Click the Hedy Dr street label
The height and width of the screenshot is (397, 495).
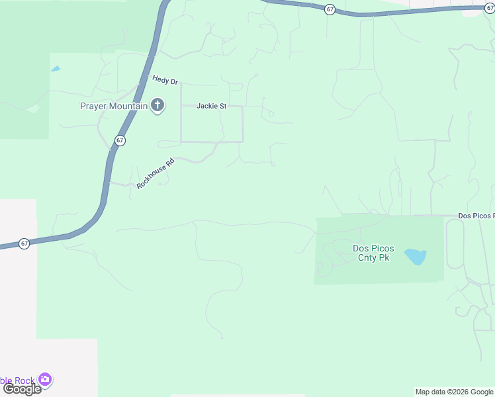tap(165, 80)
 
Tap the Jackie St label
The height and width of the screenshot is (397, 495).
tap(212, 106)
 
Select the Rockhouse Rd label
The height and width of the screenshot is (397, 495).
tap(155, 173)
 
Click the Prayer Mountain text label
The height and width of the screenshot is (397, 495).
tap(114, 106)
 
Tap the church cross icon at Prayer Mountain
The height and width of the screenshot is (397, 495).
tap(157, 105)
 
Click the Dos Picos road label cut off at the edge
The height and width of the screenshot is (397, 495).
tap(476, 216)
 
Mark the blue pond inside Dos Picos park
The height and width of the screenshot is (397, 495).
tap(415, 256)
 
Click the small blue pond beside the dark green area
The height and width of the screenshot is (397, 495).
tap(56, 68)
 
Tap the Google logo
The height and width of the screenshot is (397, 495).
tap(22, 389)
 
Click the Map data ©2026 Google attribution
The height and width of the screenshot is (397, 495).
tap(455, 392)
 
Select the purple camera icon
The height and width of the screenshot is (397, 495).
tap(45, 380)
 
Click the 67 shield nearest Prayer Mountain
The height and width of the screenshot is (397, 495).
tap(120, 140)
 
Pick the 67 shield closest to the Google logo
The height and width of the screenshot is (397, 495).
tap(24, 243)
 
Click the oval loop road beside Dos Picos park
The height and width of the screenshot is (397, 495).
tap(455, 243)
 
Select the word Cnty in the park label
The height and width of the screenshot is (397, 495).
tap(368, 257)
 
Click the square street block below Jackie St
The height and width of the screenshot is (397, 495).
tap(212, 124)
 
